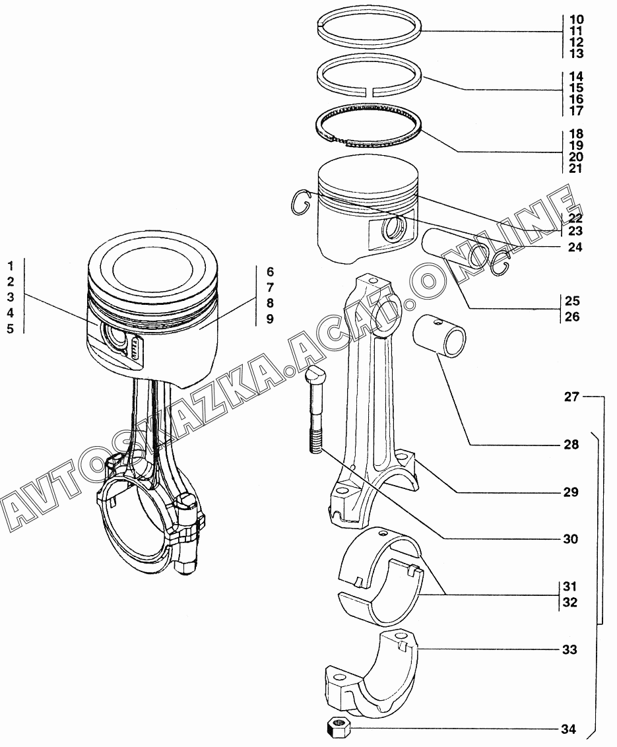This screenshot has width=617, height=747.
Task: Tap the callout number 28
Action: (x=571, y=445)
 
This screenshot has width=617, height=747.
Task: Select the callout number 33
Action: (x=570, y=650)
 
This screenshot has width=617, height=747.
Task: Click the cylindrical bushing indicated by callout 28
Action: (x=439, y=337)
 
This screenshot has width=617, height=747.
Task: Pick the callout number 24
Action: (x=575, y=247)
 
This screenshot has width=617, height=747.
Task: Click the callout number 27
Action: (x=571, y=397)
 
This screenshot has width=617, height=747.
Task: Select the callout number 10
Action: (x=577, y=20)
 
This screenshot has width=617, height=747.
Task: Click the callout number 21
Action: (x=575, y=168)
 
